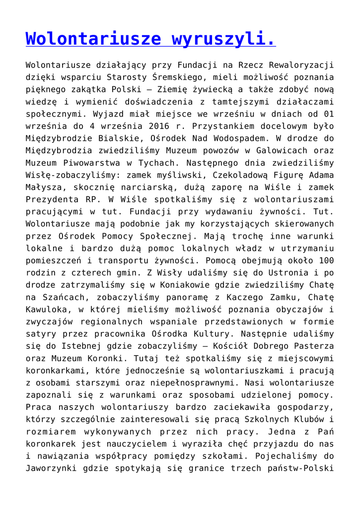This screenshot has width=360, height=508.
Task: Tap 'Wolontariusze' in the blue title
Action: click(x=93, y=39)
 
